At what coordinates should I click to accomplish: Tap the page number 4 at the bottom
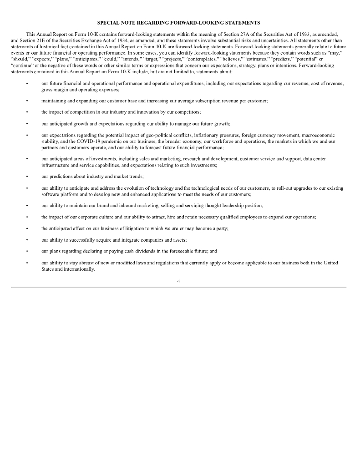tap(179, 281)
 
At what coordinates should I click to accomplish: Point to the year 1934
tap(100, 41)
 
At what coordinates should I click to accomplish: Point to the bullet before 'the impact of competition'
tap(27, 111)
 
